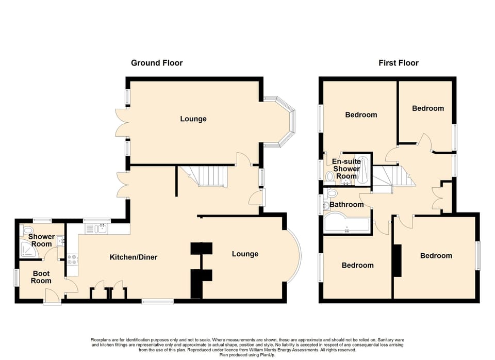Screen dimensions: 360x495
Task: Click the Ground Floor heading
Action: coord(157,63)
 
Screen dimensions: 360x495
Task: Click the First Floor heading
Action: coord(399,63)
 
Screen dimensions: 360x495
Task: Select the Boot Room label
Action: coord(41,277)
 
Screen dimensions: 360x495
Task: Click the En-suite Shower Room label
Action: coord(346,169)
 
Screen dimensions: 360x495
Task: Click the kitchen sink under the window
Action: coord(100,228)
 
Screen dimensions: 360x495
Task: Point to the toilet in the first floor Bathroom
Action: coord(332,193)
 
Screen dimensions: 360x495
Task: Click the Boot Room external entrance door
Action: coord(52,297)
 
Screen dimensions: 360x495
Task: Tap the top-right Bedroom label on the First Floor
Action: coord(427,108)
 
